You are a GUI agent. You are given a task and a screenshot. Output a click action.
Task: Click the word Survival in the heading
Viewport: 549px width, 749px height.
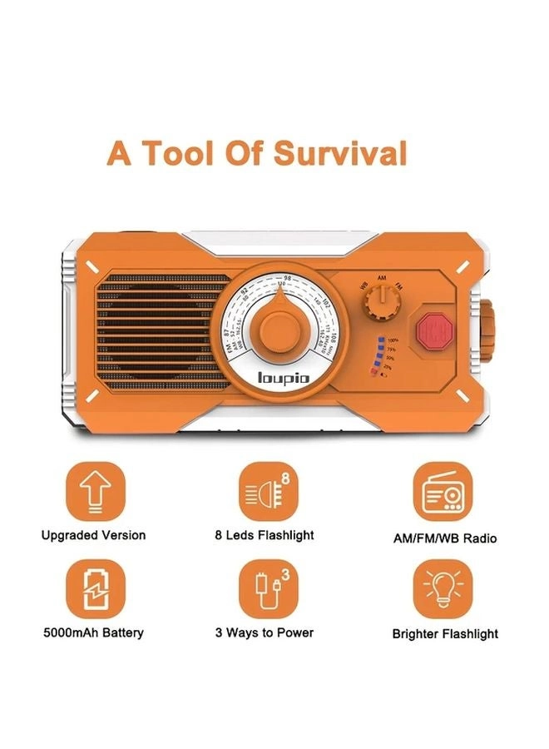pyautogui.click(x=342, y=156)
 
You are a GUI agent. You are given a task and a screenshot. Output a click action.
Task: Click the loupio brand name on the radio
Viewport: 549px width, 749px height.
pyautogui.click(x=279, y=378)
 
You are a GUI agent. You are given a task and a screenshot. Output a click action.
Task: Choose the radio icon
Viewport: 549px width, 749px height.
pyautogui.click(x=442, y=493)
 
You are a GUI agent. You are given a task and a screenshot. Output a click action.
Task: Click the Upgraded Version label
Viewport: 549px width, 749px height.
pyautogui.click(x=93, y=535)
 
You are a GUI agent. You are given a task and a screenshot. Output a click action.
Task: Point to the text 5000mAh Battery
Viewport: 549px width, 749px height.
pyautogui.click(x=93, y=632)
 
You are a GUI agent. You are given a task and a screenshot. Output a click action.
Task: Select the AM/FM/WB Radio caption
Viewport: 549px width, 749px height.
pyautogui.click(x=445, y=538)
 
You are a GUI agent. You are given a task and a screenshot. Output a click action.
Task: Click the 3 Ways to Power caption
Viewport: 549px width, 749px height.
pyautogui.click(x=265, y=632)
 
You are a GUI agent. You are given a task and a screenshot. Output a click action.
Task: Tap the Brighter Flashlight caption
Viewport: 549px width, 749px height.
pyautogui.click(x=445, y=634)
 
